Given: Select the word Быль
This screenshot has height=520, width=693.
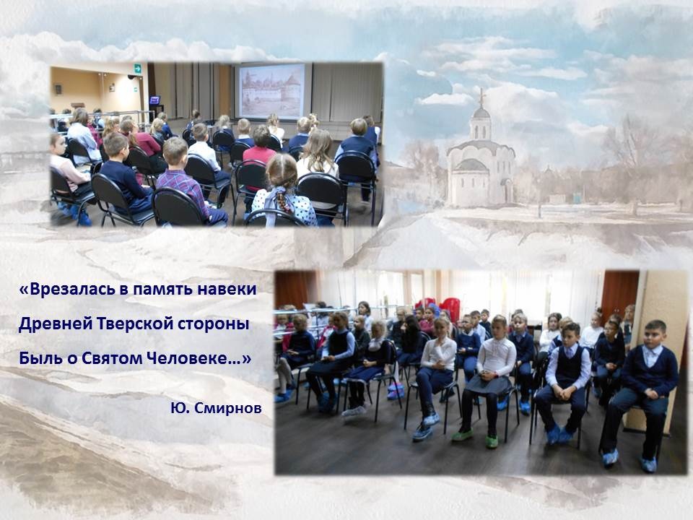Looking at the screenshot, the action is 39,357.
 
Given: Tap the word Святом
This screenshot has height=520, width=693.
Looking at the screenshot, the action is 111,357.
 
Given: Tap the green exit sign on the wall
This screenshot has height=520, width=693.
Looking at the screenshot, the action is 137,69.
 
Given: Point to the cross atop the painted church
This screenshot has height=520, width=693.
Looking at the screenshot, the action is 481,96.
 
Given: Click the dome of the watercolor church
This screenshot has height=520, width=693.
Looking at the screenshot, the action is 481,113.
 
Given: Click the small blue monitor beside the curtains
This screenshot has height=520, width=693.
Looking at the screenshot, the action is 154,100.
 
